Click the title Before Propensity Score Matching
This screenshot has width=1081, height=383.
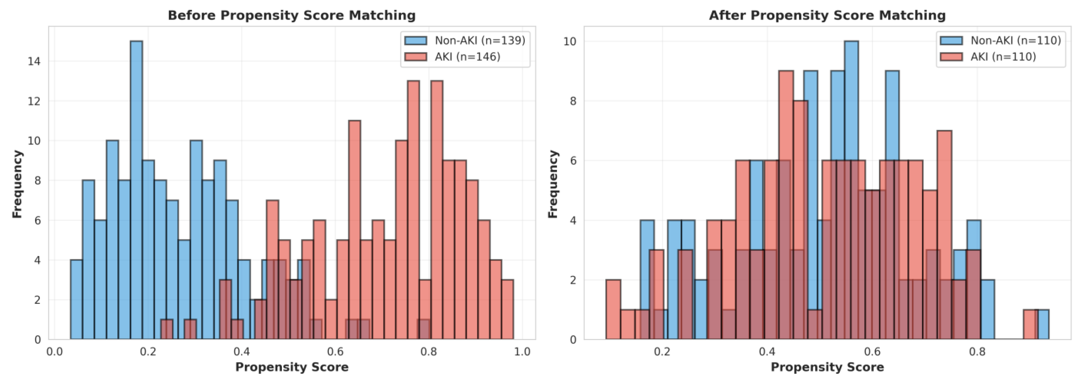(292, 15)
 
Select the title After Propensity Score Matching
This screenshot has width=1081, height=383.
(827, 15)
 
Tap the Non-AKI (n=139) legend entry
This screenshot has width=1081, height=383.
(465, 40)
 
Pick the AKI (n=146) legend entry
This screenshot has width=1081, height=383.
(452, 57)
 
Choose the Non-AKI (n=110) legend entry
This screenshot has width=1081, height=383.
(1000, 40)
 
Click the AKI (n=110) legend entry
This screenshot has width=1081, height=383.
(988, 57)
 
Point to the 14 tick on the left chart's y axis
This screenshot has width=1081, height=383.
(34, 61)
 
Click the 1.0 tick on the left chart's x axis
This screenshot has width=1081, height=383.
(522, 352)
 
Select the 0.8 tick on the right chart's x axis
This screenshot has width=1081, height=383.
(977, 352)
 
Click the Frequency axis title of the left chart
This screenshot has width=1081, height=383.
(17, 184)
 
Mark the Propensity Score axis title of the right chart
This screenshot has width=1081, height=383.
(827, 367)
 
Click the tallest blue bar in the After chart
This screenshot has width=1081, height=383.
(851, 190)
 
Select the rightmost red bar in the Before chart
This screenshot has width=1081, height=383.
(508, 309)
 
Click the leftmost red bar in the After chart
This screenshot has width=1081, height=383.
(613, 309)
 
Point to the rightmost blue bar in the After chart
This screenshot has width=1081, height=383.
(1043, 324)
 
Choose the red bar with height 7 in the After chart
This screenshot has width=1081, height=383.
(944, 235)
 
